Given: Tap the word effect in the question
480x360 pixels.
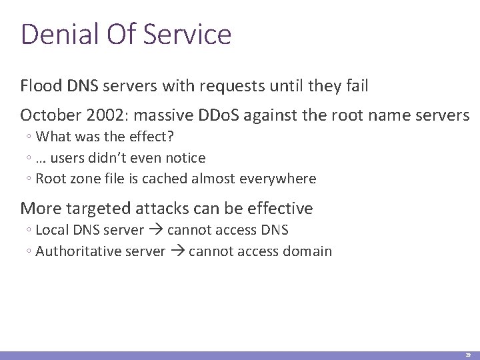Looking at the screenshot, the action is point(135,137).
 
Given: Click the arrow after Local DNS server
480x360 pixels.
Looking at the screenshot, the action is point(155,231).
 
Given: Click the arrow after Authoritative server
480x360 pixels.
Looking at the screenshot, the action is point(177,251).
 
